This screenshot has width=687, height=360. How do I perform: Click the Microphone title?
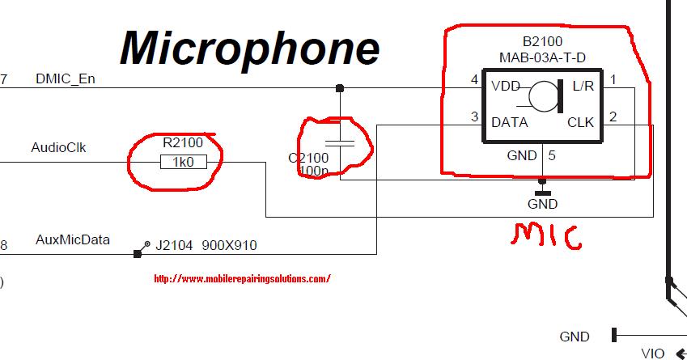[x=249, y=49]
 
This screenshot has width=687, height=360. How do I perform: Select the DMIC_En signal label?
[x=66, y=79]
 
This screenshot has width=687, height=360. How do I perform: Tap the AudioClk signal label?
[x=58, y=148]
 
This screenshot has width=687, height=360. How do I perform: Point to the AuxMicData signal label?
[x=73, y=240]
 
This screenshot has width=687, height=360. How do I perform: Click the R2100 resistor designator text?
[x=183, y=142]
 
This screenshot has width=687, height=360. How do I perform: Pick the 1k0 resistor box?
[x=184, y=163]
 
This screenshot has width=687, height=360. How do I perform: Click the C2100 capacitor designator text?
[x=307, y=158]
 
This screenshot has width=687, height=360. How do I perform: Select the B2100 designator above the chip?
[x=542, y=41]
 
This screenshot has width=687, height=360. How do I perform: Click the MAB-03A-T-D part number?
[x=542, y=57]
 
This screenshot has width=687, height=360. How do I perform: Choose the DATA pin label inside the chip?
[x=510, y=123]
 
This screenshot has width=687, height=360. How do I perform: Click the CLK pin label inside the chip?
[x=580, y=123]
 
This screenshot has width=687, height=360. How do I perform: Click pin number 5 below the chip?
[x=552, y=156]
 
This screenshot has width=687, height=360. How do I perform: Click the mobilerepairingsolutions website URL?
[x=242, y=279]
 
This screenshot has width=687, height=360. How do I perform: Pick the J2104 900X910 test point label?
[x=206, y=245]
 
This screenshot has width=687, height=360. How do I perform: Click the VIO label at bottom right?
[x=652, y=354]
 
